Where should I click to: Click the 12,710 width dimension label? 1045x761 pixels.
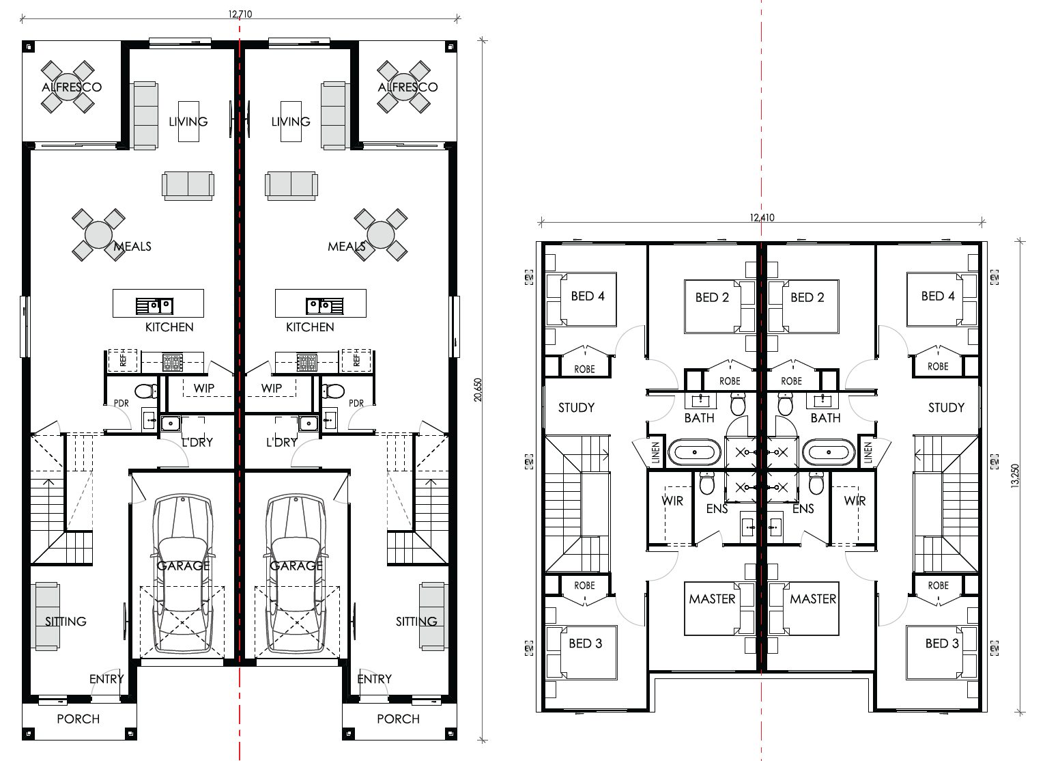(240, 14)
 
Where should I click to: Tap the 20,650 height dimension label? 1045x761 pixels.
(478, 390)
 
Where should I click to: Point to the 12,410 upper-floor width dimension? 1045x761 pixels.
(762, 217)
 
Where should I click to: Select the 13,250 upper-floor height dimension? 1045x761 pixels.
(1015, 476)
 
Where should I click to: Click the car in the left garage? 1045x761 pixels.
(183, 575)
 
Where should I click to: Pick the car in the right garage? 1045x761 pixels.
(296, 575)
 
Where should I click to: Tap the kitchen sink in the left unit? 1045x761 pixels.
(154, 306)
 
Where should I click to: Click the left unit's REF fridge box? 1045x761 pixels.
(123, 360)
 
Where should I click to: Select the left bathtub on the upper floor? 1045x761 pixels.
(695, 452)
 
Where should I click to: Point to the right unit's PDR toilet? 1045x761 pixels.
(333, 391)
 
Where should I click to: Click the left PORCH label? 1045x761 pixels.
(78, 719)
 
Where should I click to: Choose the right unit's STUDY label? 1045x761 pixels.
(946, 408)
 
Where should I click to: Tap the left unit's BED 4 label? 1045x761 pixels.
(588, 296)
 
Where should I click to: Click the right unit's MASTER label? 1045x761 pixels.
(813, 599)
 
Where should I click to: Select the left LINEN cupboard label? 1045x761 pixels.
(655, 452)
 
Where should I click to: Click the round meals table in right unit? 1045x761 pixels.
(381, 235)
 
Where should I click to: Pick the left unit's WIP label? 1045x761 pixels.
(204, 388)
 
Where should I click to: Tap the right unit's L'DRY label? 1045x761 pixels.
(282, 442)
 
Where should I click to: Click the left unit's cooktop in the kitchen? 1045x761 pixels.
(172, 363)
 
